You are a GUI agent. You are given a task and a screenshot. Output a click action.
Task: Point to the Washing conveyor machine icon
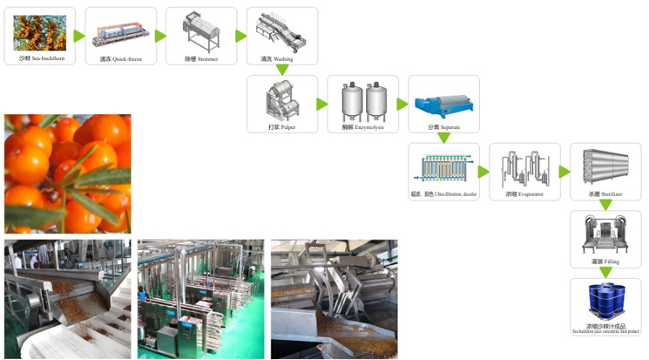pos(281,31)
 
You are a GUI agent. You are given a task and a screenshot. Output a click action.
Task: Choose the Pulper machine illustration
pos(281,101)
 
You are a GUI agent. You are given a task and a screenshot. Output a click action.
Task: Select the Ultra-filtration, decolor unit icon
pos(443,166)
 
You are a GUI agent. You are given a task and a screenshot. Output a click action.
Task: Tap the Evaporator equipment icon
pos(524,166)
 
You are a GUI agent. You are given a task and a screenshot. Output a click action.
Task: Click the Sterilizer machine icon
pos(605,166)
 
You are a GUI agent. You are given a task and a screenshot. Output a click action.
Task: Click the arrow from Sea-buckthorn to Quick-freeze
pos(79,37)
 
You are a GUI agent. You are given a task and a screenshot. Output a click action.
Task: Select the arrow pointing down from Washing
pos(281,69)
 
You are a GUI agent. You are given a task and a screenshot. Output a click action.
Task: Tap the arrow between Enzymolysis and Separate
pos(402,104)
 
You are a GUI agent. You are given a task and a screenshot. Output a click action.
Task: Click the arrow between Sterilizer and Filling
pos(605,205)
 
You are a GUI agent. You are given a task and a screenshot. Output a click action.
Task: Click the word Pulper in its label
pos(287,127)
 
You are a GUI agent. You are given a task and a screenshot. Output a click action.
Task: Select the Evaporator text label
pos(531,194)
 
